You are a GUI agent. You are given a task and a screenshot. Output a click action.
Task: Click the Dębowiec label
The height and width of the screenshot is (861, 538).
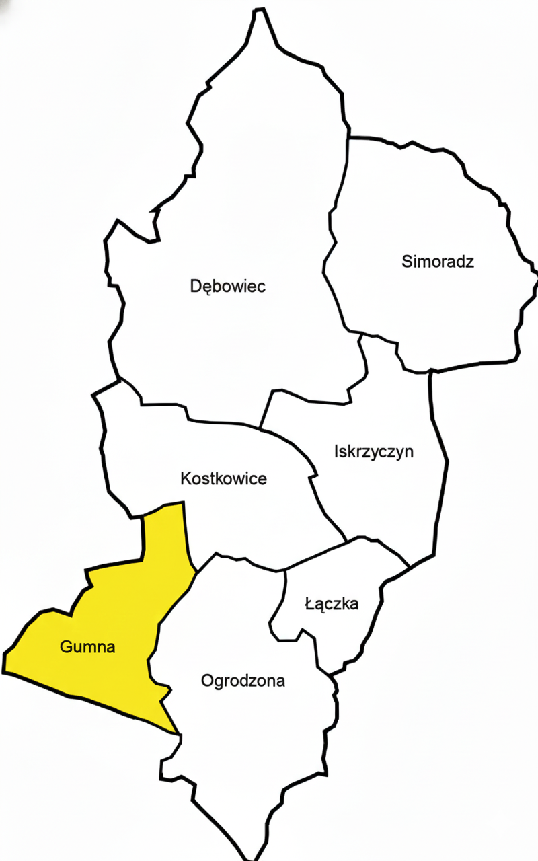[228, 287]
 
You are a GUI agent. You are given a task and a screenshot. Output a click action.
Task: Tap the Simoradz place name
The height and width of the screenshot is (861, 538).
[438, 262]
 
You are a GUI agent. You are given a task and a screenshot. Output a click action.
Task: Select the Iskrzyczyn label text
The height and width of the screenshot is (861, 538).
[373, 451]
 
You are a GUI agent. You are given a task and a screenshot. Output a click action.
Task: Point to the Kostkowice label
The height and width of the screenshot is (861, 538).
[224, 479]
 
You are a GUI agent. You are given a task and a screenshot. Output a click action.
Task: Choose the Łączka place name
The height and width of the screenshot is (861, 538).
[332, 604]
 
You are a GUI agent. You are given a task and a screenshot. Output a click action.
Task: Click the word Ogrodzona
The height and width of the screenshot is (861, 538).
[243, 681]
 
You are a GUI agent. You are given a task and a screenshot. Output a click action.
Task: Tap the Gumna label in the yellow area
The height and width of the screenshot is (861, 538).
[87, 648]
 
